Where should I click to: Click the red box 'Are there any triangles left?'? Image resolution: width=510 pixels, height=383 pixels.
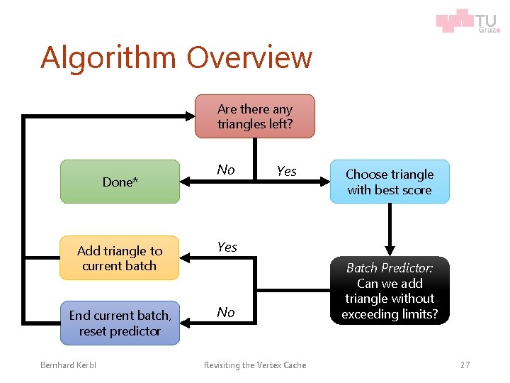coord(255,116)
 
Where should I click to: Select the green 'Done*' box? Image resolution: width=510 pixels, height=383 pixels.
coord(120,182)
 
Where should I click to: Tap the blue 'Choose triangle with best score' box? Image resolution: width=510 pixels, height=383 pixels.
coord(390,182)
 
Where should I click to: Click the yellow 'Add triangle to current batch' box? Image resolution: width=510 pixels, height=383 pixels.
coord(120,257)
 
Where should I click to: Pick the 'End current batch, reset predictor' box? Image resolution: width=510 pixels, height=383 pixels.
coord(120,323)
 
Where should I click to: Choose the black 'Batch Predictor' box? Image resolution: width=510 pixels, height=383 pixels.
coord(390,291)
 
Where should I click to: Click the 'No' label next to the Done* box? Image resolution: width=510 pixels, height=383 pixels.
coord(226,170)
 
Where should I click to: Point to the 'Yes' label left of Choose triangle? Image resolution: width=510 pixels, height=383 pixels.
coord(286,171)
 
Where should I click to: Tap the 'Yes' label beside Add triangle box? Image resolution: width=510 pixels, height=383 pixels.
coord(227,247)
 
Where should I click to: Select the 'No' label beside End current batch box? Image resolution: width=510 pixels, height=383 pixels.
coord(226,312)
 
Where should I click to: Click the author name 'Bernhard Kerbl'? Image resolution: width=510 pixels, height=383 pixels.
coord(68,365)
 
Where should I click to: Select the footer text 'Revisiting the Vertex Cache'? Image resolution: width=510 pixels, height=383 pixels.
coord(255,365)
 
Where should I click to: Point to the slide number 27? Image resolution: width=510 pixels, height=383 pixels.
coord(465,365)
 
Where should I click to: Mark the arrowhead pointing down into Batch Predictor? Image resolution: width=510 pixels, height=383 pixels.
coord(390,250)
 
